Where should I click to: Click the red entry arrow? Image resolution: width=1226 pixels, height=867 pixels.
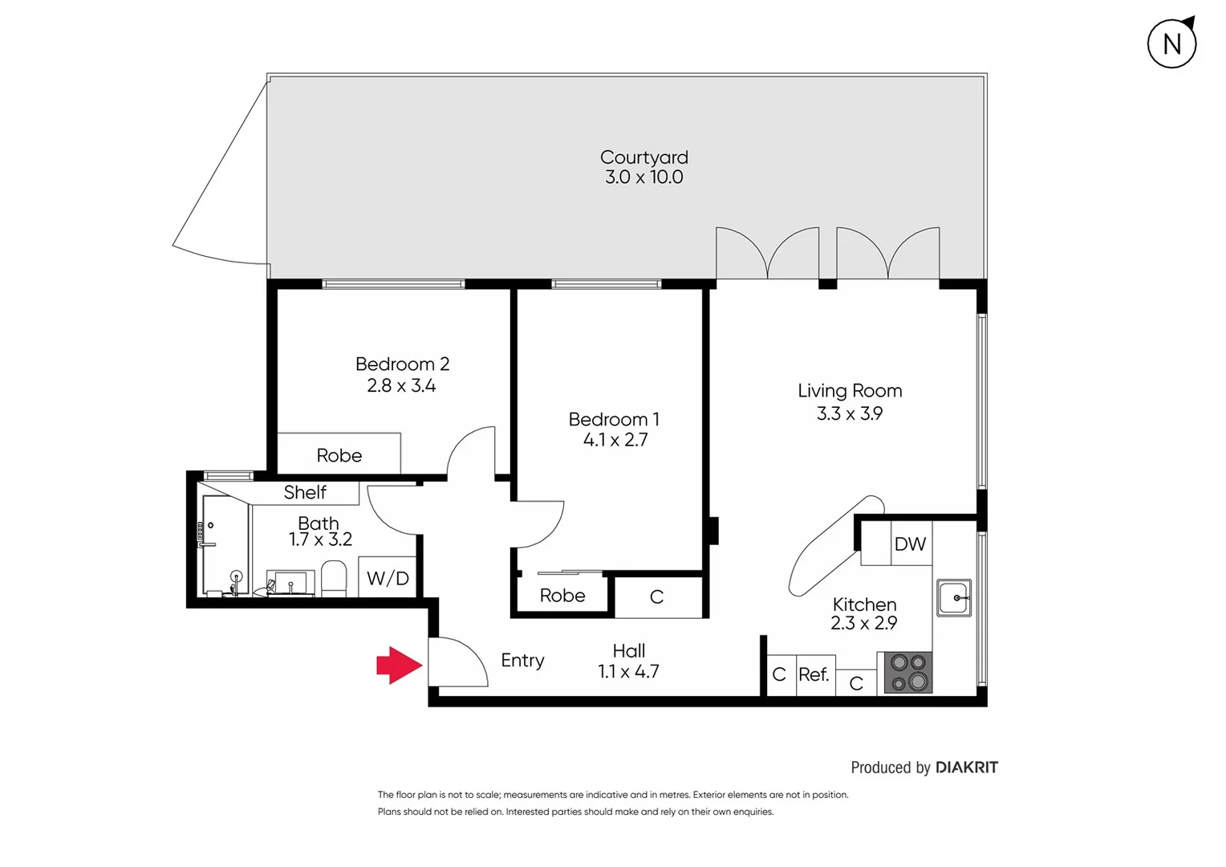coord(399,665)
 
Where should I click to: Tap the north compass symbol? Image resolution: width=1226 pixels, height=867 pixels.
coord(1171,43)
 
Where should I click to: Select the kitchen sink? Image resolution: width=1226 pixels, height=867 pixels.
coord(954,598)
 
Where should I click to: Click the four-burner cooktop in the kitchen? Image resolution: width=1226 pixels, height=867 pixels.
coord(908,673)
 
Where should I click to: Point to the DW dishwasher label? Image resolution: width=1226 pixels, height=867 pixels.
coord(910,544)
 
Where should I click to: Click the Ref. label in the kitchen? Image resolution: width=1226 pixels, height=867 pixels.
coord(814,674)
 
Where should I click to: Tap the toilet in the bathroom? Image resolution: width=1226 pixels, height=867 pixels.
coord(334,578)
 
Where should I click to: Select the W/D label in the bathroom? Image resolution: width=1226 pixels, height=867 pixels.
coord(388,578)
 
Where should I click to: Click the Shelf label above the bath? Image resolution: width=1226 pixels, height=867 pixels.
coord(305,492)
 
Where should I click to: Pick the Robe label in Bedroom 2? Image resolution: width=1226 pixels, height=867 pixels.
coord(339,455)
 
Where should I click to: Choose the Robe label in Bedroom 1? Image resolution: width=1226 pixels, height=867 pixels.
coord(562,595)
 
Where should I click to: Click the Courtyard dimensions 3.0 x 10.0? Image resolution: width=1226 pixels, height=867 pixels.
coord(643,177)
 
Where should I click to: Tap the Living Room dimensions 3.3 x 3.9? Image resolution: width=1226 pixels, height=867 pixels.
coord(849,413)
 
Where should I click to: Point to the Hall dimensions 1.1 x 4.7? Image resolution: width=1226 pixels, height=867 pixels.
coord(628,671)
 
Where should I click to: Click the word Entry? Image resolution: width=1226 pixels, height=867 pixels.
coord(522,660)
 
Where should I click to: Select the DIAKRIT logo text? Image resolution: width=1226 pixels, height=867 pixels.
coord(966,767)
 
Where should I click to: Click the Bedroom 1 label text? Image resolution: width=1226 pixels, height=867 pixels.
coord(614,419)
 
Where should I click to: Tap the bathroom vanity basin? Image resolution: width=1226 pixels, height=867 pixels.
coord(290,583)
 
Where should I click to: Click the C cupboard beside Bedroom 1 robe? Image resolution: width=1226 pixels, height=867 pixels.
coord(656,596)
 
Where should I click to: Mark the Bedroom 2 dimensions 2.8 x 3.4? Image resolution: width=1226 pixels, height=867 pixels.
coord(401,385)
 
